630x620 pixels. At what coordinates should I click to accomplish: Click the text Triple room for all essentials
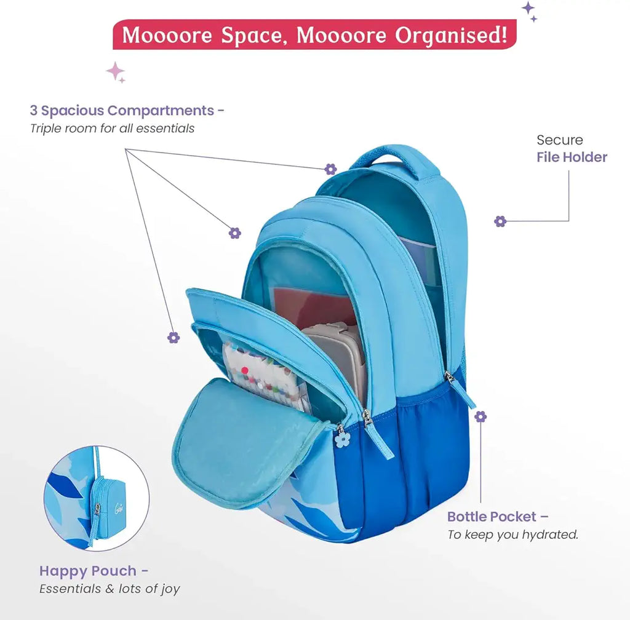[112, 129]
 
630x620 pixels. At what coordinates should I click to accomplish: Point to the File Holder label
[572, 157]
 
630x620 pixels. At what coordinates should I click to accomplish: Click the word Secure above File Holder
[559, 140]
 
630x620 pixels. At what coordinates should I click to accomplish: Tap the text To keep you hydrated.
[512, 535]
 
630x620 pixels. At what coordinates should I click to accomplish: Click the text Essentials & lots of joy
[110, 589]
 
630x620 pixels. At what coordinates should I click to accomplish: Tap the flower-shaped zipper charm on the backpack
[342, 439]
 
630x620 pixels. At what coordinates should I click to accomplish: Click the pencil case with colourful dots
[265, 375]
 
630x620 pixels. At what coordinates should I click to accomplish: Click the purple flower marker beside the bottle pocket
[480, 416]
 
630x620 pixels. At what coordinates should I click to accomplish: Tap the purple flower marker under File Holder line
[500, 221]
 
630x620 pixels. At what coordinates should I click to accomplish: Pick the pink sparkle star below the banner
[115, 71]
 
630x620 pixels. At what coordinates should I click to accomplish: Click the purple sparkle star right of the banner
[528, 9]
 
